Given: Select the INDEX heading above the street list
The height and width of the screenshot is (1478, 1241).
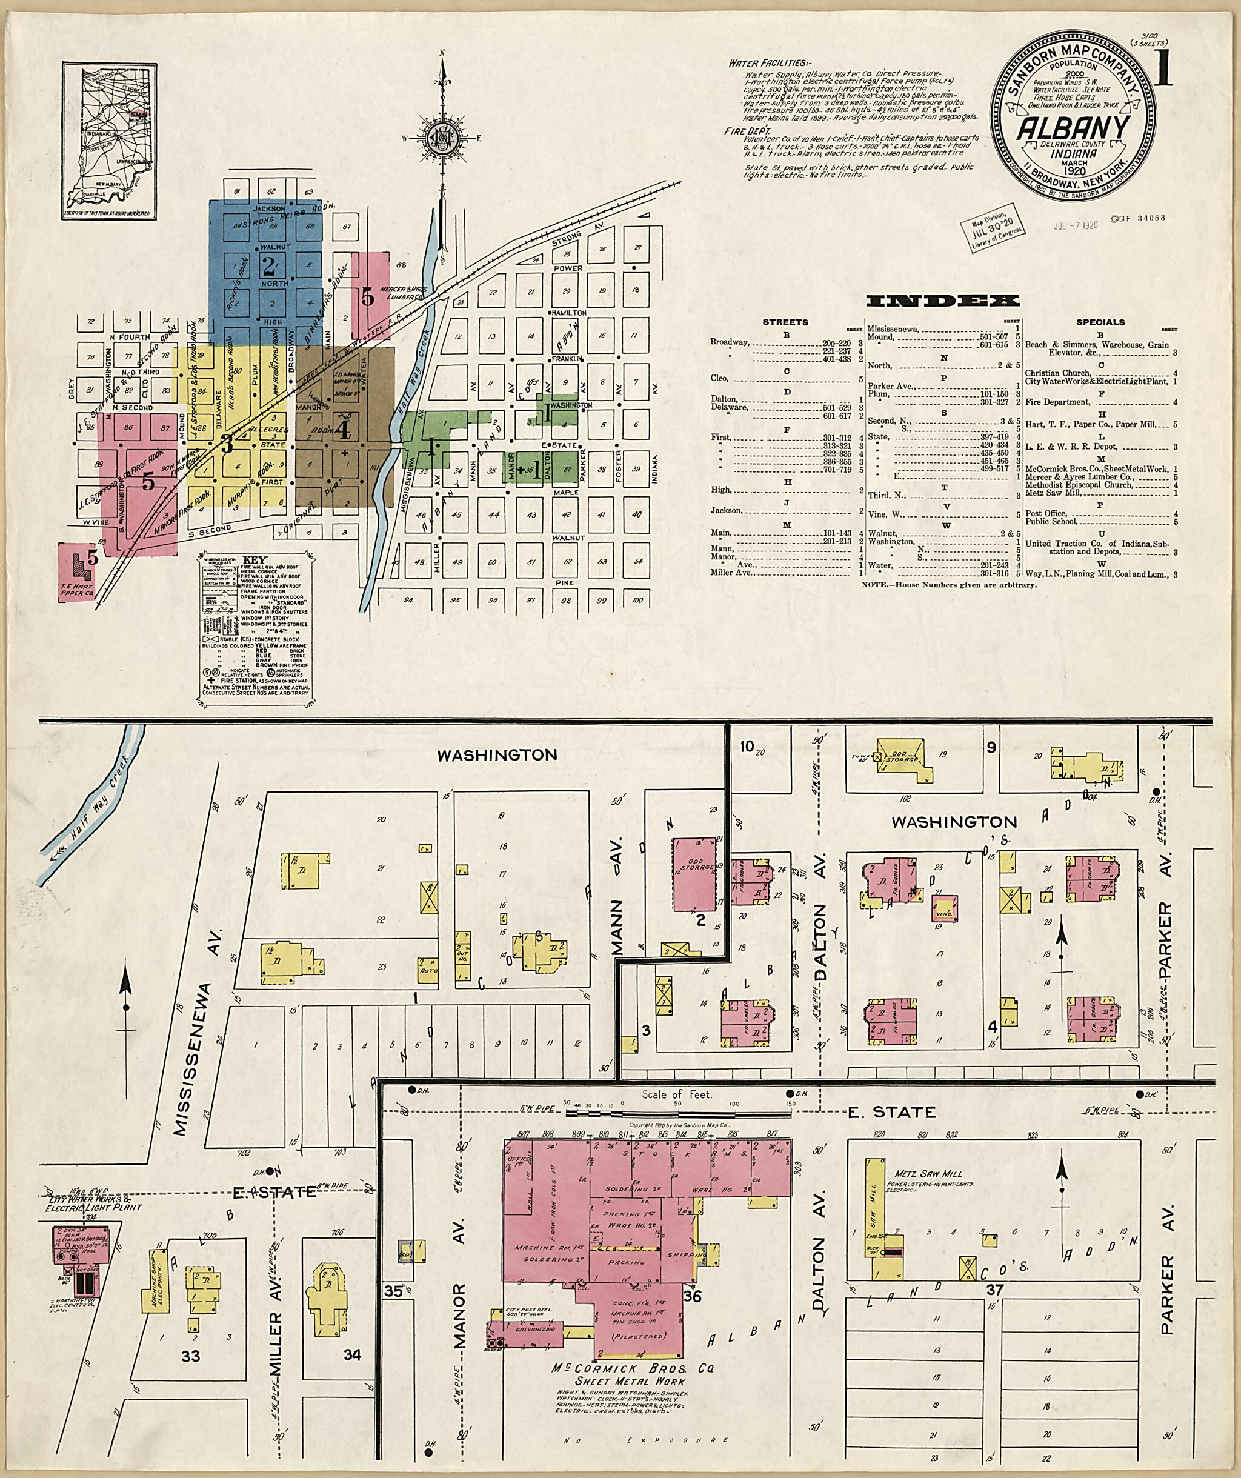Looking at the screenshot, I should click(x=942, y=301).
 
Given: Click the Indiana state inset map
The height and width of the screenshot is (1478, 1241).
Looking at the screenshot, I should click(x=109, y=140).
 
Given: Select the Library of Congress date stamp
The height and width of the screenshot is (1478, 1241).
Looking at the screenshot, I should click(x=990, y=231).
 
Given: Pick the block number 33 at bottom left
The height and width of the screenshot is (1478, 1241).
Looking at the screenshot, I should click(x=191, y=1356).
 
